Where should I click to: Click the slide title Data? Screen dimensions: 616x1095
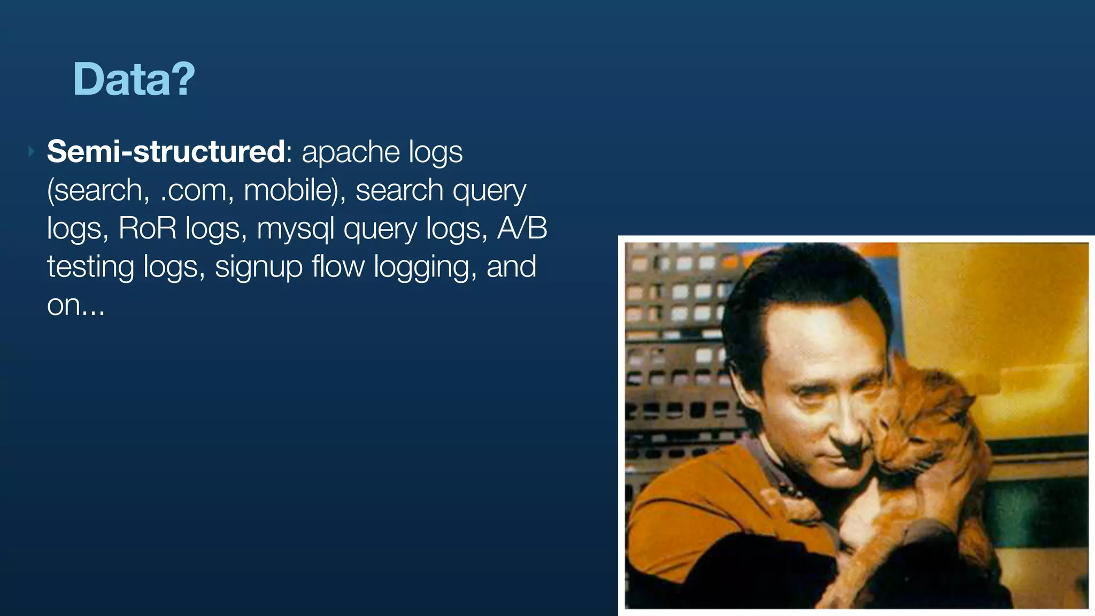[x=134, y=79]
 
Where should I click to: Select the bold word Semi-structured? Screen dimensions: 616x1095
[x=166, y=152]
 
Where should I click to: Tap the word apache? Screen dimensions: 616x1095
[x=350, y=152]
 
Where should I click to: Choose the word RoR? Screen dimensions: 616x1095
[x=147, y=229]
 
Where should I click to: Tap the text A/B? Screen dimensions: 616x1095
[x=522, y=229]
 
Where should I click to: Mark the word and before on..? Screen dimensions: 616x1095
[x=511, y=267]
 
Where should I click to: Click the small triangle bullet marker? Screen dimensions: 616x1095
[x=31, y=152]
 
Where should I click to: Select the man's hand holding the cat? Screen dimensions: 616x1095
[x=877, y=513]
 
